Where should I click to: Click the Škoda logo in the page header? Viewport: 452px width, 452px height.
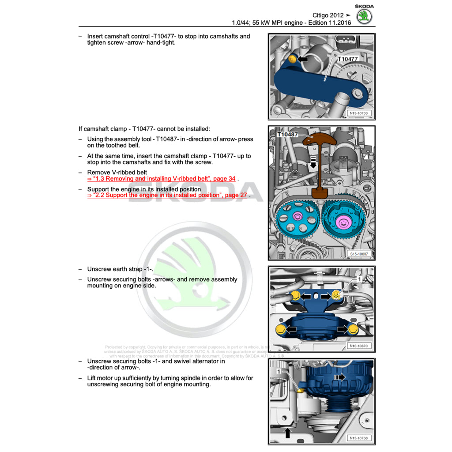(364, 15)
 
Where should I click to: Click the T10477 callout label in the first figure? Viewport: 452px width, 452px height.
(347, 59)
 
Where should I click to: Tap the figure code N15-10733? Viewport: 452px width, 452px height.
(359, 113)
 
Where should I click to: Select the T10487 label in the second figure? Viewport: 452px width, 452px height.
(288, 134)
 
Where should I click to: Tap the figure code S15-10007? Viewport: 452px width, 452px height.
(359, 254)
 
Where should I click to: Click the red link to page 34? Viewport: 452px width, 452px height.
(161, 179)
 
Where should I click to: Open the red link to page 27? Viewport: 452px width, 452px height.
(168, 195)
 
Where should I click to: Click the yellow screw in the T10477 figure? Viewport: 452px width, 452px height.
(291, 59)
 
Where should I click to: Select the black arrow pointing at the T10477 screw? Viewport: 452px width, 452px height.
(302, 59)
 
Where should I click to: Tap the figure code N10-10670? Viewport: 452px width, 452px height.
(359, 346)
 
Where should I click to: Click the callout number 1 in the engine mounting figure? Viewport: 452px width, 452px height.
(359, 279)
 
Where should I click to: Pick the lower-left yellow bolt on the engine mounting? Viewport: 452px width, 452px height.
(279, 329)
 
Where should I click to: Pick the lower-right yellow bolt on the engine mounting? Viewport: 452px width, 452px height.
(352, 329)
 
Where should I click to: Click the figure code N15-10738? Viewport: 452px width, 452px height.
(359, 438)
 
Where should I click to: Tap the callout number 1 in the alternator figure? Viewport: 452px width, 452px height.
(278, 372)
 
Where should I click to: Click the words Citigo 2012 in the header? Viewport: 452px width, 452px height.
(328, 15)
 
